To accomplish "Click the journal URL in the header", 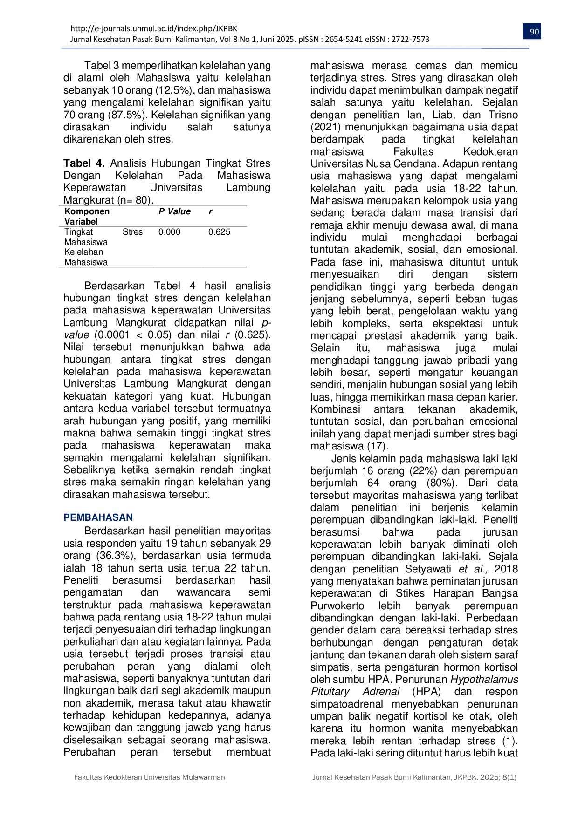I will [154, 28].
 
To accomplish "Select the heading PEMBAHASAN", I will [98, 517].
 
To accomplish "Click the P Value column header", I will [174, 211].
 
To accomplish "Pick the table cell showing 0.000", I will [169, 232].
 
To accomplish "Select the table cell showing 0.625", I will [219, 232].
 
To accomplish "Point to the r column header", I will [210, 211].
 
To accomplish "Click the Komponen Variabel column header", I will [87, 216].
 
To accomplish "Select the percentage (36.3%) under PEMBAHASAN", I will [116, 556].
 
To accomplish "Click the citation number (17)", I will [378, 446].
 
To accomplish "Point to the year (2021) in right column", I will [326, 127].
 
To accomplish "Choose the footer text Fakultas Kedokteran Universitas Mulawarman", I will [150, 777].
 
